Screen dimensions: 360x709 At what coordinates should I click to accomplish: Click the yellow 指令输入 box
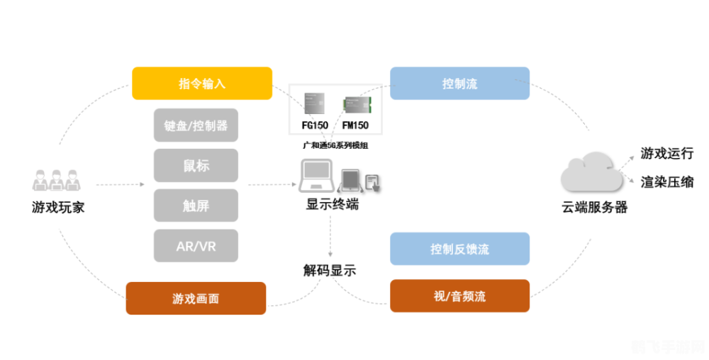coord(202,84)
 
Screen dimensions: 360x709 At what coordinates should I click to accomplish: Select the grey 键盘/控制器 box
coord(196,125)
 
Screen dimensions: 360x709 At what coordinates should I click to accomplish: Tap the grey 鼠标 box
coord(196,166)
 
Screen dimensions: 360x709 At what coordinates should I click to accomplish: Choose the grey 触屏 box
coord(196,206)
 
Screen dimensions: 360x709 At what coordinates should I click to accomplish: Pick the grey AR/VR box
coord(196,246)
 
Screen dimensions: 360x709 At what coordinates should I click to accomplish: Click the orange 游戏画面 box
coord(196,298)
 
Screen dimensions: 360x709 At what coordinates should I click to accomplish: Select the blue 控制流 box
coord(459,84)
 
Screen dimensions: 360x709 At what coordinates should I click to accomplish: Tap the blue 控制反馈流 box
coord(459,249)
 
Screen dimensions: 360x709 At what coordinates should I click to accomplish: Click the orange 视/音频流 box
coord(459,296)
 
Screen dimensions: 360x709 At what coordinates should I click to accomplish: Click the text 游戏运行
coord(666,153)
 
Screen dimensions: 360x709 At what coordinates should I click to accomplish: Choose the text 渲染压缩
coord(666,181)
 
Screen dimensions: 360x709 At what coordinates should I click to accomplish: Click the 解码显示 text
coord(329,270)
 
